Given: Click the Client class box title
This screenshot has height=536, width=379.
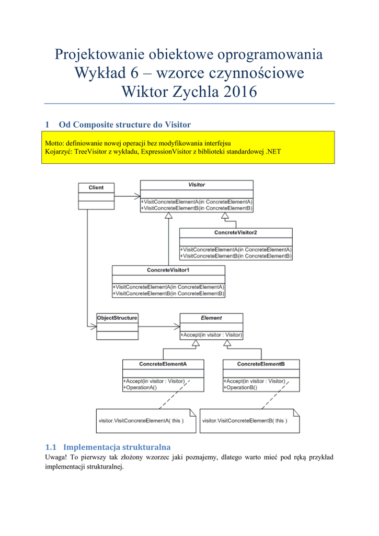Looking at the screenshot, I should point(96,187).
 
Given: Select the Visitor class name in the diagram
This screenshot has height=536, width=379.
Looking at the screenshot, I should point(197,185).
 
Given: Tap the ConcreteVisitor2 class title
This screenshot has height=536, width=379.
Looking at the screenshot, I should point(236,232).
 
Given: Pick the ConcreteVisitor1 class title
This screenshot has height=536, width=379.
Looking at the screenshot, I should point(168,270).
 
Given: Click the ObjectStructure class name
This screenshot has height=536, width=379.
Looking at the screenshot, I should point(118,318).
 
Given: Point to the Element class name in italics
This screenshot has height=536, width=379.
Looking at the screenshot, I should point(211,318).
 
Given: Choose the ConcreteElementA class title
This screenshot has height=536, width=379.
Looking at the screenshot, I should point(163,364).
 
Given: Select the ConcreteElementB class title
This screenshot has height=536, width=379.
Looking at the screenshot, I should point(261,364).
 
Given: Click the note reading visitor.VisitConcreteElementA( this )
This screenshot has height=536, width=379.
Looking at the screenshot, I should point(141,421).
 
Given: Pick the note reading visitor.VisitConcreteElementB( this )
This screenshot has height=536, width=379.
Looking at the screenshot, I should point(245,421).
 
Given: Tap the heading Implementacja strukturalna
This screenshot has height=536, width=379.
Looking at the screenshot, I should point(117,448).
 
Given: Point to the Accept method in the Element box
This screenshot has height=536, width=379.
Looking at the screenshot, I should point(212,335).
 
